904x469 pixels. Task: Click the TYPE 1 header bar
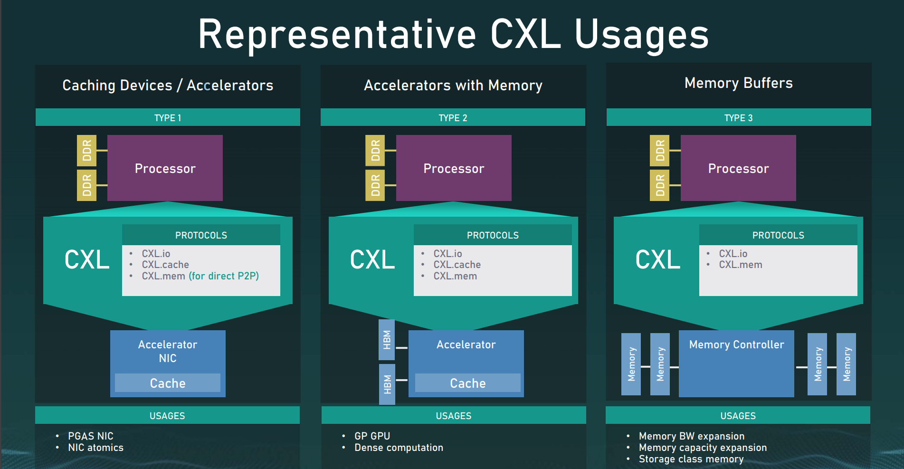tap(168, 117)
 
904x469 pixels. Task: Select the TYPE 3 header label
tap(738, 118)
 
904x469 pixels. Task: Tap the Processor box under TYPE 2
tap(454, 168)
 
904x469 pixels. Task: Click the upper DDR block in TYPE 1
tap(86, 150)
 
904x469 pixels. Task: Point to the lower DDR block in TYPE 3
tap(659, 185)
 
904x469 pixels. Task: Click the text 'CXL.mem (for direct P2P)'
tap(200, 276)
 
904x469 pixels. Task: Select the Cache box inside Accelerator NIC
tap(168, 383)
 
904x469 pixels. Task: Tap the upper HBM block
tap(387, 340)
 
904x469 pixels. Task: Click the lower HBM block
tap(387, 384)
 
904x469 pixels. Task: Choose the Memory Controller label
tap(736, 345)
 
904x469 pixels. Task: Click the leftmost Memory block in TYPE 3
tap(631, 364)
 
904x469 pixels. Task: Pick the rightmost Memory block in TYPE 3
tap(846, 364)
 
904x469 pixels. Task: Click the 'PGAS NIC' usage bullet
tap(91, 436)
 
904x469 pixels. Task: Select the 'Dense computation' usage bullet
tap(399, 448)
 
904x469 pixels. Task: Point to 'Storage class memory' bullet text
tap(691, 459)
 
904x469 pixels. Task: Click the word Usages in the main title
tap(641, 34)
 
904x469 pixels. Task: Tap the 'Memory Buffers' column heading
tap(738, 83)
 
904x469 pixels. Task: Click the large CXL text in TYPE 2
tap(372, 260)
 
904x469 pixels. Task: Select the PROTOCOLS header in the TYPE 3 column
tap(778, 235)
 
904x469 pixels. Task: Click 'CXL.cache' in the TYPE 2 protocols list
tap(457, 265)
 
